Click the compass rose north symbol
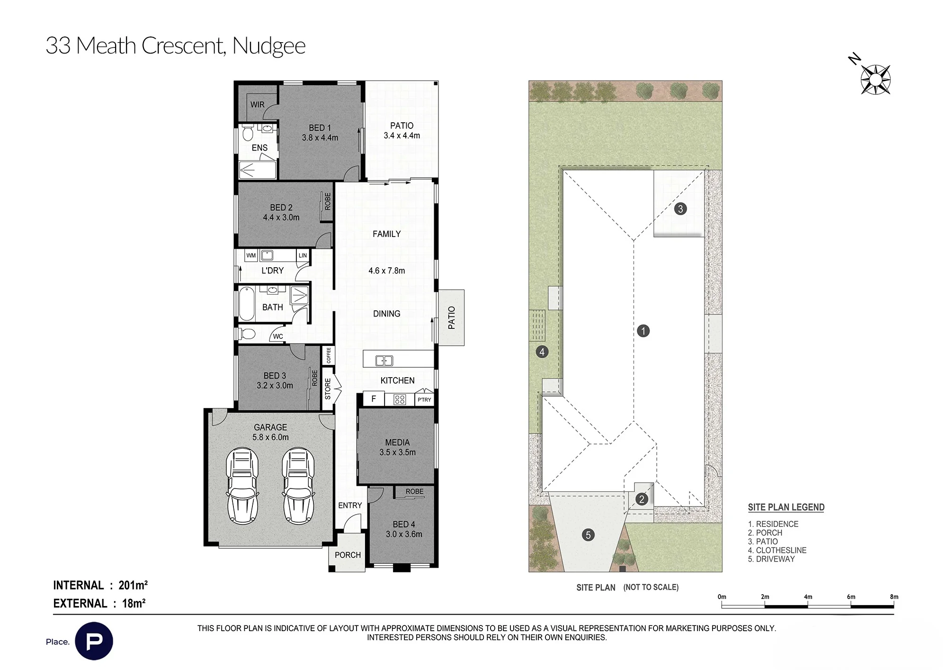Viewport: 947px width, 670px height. (876, 79)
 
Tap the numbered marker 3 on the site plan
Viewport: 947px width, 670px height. (680, 208)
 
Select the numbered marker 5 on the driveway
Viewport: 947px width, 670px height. (588, 535)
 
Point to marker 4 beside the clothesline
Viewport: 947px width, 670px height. (542, 352)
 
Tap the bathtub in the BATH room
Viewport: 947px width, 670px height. (246, 304)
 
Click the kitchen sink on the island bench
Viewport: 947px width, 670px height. (384, 361)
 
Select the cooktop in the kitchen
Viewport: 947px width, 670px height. (400, 399)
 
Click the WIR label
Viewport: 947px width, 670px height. (258, 105)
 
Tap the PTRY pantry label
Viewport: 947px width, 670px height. (424, 400)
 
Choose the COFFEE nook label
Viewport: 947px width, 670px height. (329, 355)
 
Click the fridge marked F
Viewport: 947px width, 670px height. (374, 399)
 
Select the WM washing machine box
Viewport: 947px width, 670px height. (251, 255)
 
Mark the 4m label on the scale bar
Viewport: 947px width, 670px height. (808, 597)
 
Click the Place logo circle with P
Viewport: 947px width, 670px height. (94, 641)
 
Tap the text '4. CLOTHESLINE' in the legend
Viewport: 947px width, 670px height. (777, 550)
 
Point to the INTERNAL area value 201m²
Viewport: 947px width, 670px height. (133, 585)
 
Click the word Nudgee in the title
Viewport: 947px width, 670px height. (269, 46)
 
